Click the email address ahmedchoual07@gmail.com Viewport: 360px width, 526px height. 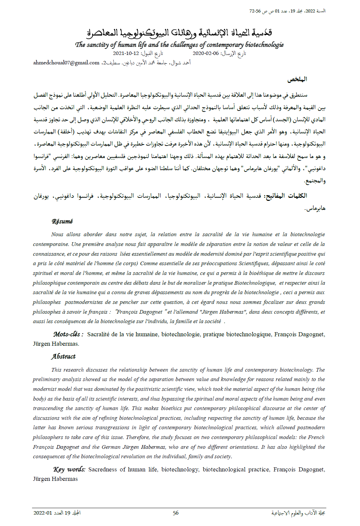coord(66,63)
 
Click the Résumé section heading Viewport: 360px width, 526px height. coord(62,221)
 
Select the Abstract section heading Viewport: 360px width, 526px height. coord(63,357)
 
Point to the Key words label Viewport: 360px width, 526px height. coord(69,469)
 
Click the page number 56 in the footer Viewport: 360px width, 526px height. coord(176,513)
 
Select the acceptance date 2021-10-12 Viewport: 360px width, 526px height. coord(126,53)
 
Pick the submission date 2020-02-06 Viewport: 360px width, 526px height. coord(206,53)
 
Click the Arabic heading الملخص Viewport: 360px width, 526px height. coord(297,79)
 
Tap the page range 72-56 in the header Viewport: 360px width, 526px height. coord(255,11)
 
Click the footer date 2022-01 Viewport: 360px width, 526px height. coord(43,513)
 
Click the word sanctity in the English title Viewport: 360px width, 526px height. coord(97,45)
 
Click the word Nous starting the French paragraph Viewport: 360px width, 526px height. coord(57,235)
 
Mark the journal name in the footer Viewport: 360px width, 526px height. coord(298,513)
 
